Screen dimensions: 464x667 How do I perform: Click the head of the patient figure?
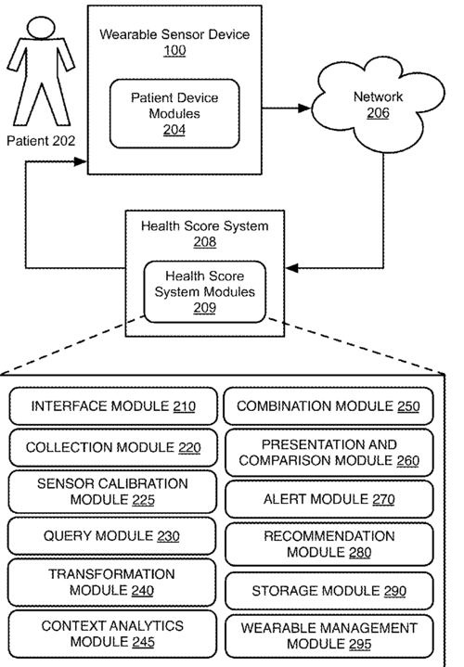click(41, 28)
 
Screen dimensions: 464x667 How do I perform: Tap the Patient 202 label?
click(41, 141)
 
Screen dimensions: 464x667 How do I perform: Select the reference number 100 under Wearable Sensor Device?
click(174, 51)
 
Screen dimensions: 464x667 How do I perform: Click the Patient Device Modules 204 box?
click(174, 113)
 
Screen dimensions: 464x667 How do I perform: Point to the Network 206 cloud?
click(378, 104)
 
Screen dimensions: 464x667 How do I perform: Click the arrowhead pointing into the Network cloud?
click(304, 109)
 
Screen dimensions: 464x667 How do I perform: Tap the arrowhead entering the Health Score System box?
click(292, 268)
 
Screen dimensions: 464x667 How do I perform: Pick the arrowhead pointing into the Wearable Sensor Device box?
click(81, 161)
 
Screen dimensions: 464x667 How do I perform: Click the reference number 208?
click(205, 241)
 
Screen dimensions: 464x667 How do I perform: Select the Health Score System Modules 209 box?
click(205, 292)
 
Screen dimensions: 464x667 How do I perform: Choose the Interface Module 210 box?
click(113, 406)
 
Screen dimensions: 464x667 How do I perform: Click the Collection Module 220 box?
click(113, 447)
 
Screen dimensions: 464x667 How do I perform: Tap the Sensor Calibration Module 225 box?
click(112, 492)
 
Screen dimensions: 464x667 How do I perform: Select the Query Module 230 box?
click(111, 536)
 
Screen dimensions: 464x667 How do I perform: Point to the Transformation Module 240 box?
click(111, 583)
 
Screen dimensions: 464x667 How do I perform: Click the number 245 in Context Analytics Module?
click(143, 642)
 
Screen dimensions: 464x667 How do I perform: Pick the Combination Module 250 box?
click(329, 406)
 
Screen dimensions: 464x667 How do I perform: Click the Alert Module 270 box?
click(329, 499)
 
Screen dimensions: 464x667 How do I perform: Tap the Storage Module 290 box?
click(329, 591)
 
